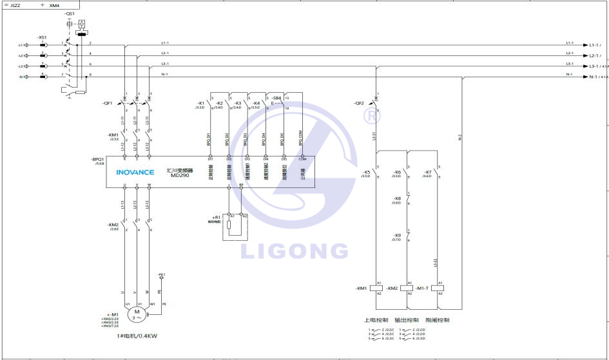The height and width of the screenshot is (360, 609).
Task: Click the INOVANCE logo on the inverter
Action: pyautogui.click(x=134, y=173)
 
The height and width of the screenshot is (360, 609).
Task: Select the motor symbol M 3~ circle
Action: pyautogui.click(x=136, y=313)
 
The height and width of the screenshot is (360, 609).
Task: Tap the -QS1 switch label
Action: pyautogui.click(x=70, y=13)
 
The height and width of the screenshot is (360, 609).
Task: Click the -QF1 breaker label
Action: pyautogui.click(x=107, y=103)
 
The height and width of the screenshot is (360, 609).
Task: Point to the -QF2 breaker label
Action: pyautogui.click(x=359, y=103)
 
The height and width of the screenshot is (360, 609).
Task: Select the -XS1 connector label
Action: pyautogui.click(x=42, y=37)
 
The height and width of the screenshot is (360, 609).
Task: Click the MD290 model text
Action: pyautogui.click(x=179, y=175)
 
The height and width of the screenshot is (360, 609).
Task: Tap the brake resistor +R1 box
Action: pyautogui.click(x=235, y=227)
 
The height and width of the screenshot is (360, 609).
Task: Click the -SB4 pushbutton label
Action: pyautogui.click(x=276, y=98)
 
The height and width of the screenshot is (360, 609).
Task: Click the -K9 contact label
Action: pyautogui.click(x=397, y=235)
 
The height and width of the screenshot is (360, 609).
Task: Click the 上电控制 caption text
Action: pyautogui.click(x=377, y=320)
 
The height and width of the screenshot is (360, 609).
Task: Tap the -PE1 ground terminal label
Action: pyautogui.click(x=162, y=274)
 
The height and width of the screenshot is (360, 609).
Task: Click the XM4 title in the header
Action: pyautogui.click(x=55, y=5)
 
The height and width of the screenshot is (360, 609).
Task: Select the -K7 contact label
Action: pyautogui.click(x=428, y=172)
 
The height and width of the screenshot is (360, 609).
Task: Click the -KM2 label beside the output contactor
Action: pyautogui.click(x=113, y=225)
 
